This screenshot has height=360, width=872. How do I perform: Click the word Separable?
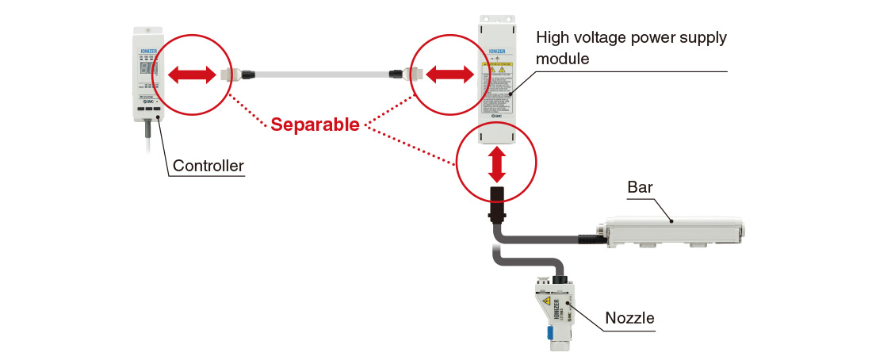click(315, 124)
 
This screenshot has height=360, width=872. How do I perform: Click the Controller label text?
click(208, 166)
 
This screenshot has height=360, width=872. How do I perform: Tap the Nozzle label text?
click(629, 318)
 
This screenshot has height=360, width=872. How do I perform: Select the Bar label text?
click(640, 188)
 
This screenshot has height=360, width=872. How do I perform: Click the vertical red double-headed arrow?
click(497, 163)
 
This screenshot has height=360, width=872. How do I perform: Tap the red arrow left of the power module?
click(449, 75)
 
